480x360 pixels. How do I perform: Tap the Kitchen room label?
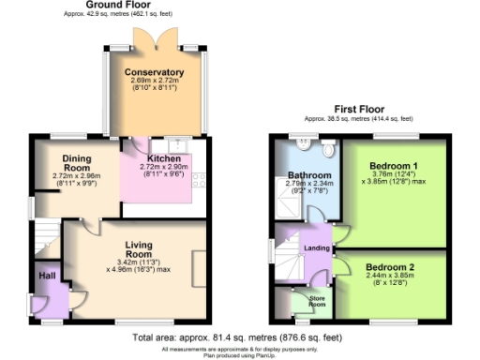[x=165, y=158]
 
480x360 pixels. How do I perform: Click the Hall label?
[x=46, y=277]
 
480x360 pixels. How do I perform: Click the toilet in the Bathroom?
[x=327, y=149]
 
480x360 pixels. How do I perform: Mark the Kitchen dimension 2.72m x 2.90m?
[x=165, y=167]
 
